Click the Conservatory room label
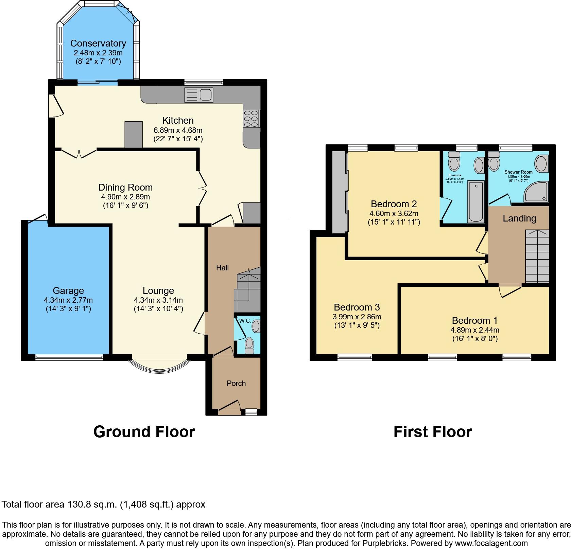click(98, 43)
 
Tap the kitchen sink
click(198, 95)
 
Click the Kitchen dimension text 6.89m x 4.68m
click(178, 130)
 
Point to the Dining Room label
click(125, 187)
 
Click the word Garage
click(68, 290)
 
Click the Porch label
click(236, 383)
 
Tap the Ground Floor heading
click(144, 432)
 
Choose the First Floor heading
click(432, 432)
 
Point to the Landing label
click(519, 218)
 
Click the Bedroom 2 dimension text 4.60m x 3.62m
click(394, 214)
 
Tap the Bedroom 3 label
click(357, 307)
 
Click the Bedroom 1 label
click(474, 320)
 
